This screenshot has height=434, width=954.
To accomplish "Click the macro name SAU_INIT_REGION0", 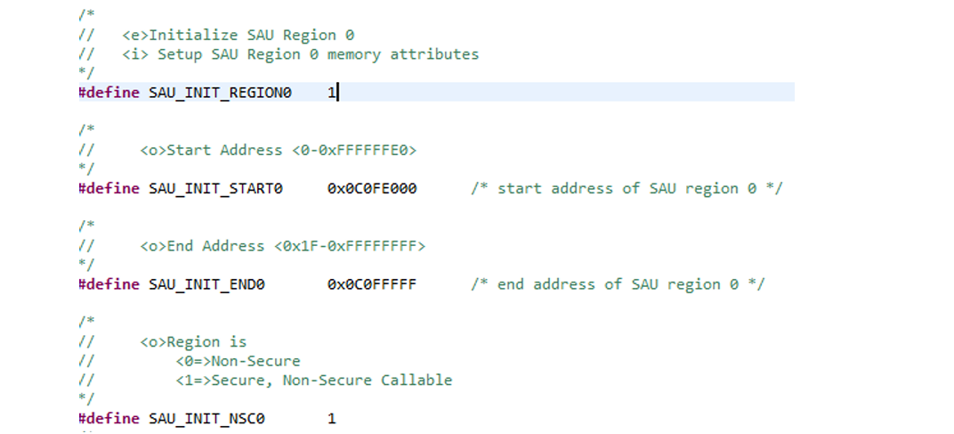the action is point(220,93).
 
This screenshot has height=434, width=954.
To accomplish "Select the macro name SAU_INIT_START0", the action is point(215,189).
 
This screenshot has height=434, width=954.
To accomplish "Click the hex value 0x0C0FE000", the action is point(371,189).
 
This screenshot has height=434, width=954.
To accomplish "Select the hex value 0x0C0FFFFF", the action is point(371,284).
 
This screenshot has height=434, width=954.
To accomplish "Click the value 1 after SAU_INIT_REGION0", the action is point(331,93).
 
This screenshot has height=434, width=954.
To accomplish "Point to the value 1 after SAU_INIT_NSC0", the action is point(331,419).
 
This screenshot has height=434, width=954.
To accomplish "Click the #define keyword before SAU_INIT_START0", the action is point(109,189).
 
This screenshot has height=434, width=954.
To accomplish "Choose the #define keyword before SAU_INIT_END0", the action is point(109,284).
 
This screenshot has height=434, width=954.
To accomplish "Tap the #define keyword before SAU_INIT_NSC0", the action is point(109,419).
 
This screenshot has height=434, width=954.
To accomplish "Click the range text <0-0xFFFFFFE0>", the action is point(353,151).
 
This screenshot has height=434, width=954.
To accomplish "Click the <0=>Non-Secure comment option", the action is point(238,362).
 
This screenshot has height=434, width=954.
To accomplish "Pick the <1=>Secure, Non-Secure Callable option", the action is point(313,381).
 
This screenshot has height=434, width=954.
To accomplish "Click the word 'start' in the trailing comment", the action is point(519,189).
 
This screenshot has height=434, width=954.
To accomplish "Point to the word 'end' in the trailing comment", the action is point(510,284).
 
